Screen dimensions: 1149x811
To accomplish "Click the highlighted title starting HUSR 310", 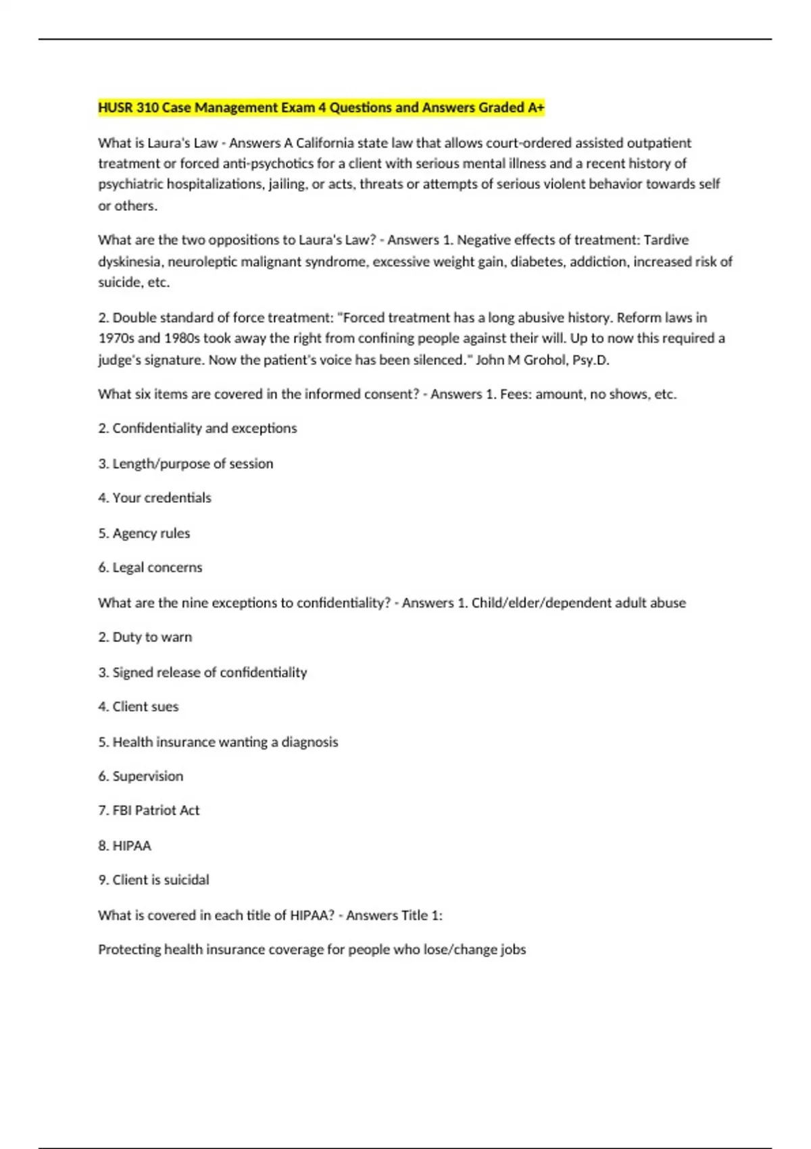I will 321,107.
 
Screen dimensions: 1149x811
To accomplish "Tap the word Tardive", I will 666,240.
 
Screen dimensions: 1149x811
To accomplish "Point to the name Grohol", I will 545,360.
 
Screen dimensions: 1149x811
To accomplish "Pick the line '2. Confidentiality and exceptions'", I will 197,429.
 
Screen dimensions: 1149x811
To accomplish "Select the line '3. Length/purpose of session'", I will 186,464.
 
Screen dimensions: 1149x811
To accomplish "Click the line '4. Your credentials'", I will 155,498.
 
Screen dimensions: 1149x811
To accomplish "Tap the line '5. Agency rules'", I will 144,533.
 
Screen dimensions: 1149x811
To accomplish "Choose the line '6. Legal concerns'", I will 150,568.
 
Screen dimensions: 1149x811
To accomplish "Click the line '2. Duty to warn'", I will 145,637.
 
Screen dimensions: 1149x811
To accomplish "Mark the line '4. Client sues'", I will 139,707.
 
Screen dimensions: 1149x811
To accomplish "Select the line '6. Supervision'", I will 141,777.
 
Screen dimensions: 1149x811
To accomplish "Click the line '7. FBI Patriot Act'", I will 149,810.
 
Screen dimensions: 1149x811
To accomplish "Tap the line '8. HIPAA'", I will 125,846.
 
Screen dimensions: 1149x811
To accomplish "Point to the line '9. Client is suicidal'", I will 153,880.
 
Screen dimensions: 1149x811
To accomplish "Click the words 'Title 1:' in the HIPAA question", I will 422,916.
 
